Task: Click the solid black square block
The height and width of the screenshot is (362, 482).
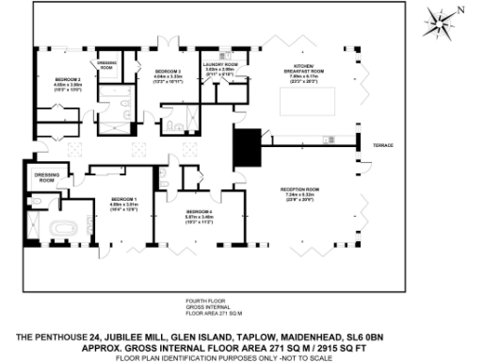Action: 248,146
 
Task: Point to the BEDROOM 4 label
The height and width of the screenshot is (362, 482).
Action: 200,214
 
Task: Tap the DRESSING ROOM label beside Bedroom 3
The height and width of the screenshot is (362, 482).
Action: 107,67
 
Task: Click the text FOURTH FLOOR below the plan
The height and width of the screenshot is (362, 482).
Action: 201,301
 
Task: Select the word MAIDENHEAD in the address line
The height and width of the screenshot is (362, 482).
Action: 297,337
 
